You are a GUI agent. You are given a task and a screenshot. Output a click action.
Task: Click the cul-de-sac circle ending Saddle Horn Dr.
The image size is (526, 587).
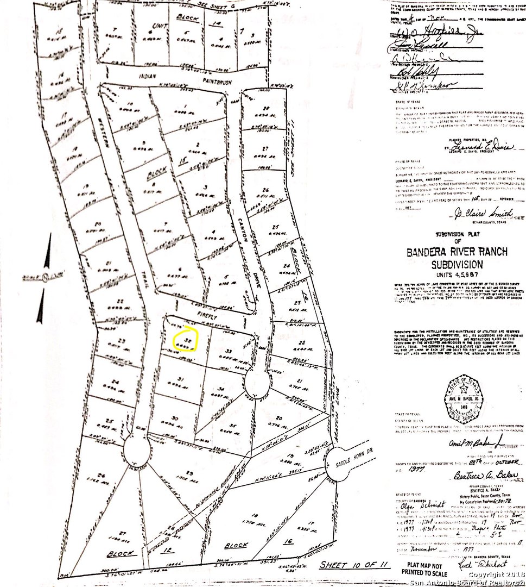[x=338, y=461]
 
